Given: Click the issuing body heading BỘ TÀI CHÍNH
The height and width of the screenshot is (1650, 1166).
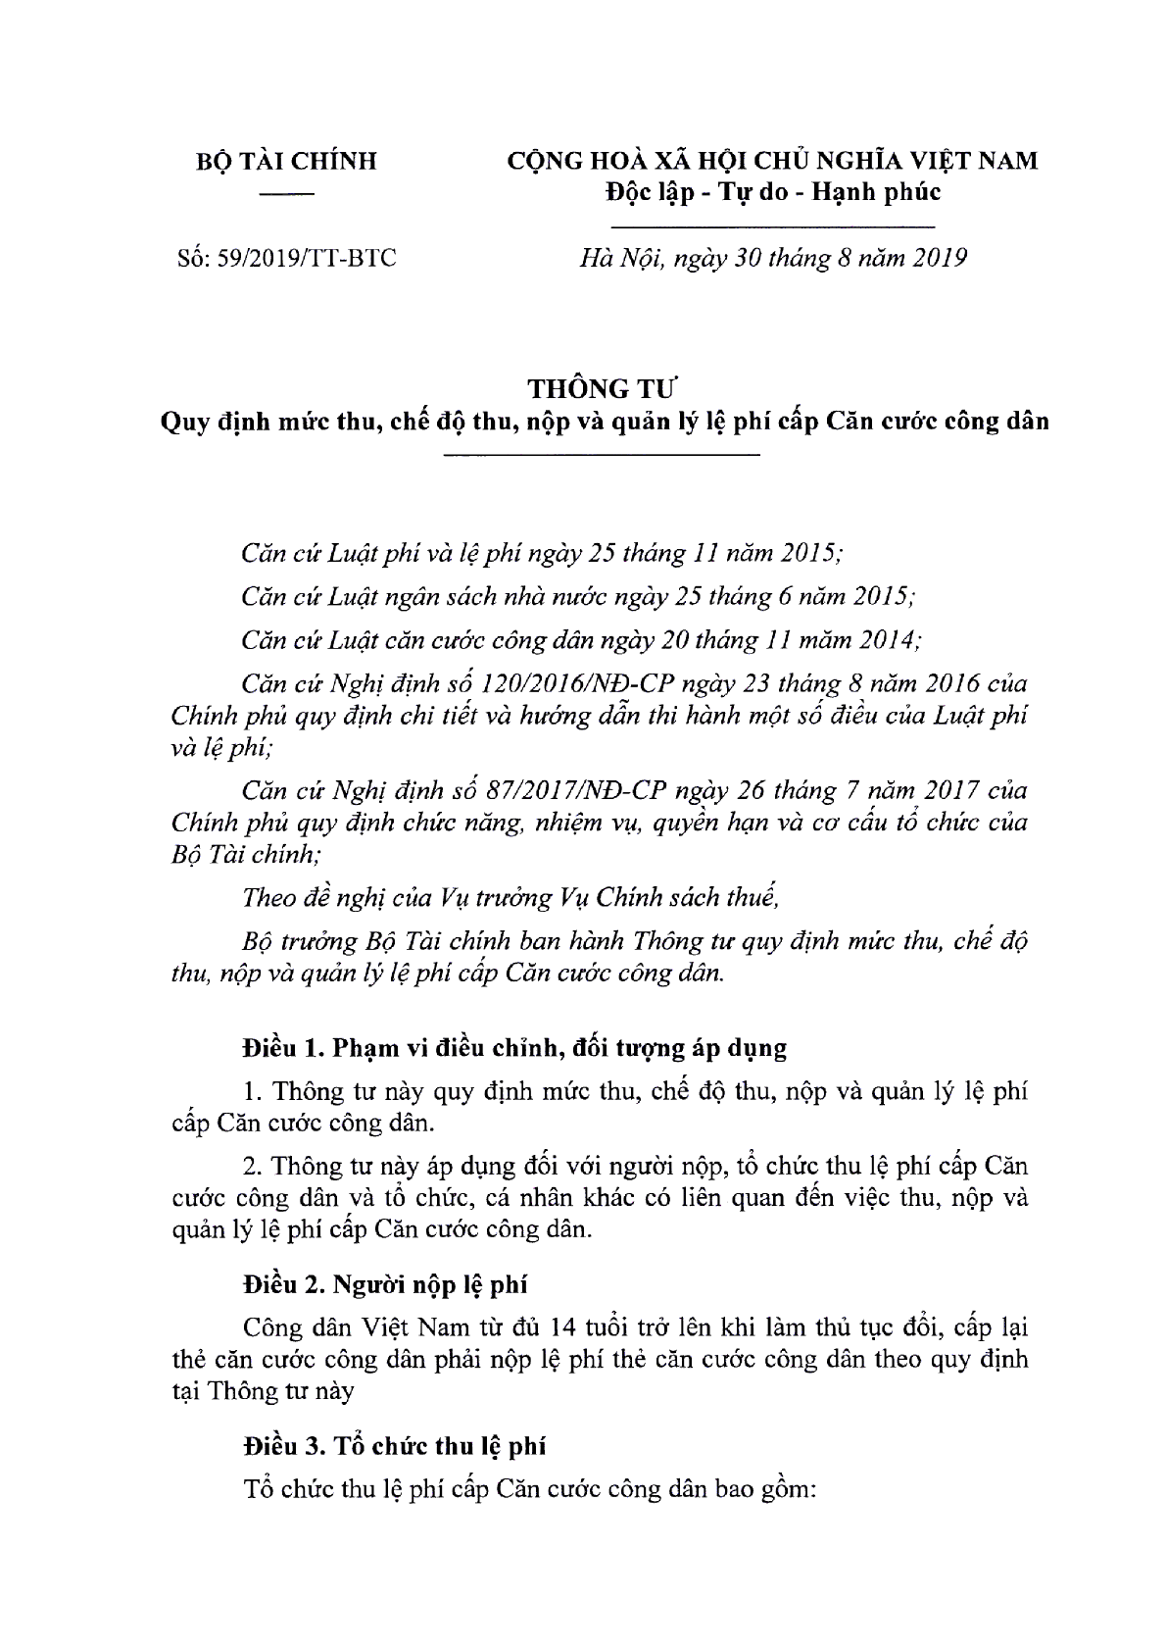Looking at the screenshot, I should coord(286,162).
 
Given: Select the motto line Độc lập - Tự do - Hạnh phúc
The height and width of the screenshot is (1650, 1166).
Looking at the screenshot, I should coord(771,191).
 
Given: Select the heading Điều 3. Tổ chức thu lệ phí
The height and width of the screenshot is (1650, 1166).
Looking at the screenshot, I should coord(395,1445).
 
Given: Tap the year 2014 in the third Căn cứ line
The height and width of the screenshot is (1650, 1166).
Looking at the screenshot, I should coord(889,640).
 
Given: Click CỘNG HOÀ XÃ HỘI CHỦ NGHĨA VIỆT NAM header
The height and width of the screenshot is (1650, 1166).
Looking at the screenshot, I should coord(771,161).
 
